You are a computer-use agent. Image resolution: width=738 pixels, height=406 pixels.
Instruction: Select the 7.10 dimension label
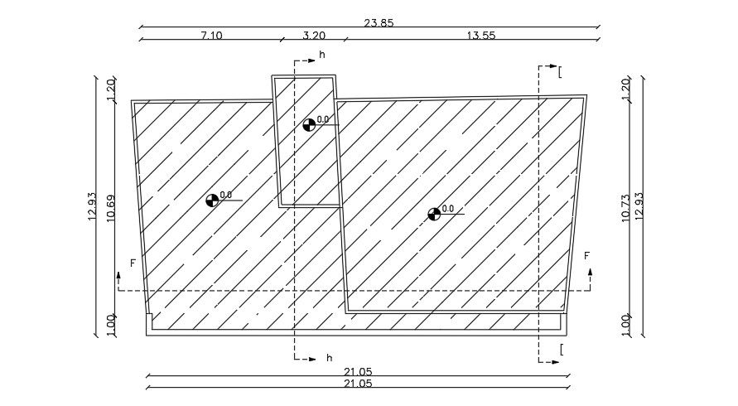pos(212,35)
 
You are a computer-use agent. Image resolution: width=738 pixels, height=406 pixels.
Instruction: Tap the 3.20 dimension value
pos(314,35)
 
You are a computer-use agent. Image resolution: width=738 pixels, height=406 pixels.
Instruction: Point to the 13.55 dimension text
pos(480,35)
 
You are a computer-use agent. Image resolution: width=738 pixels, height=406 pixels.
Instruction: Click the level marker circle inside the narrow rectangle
pos(309,124)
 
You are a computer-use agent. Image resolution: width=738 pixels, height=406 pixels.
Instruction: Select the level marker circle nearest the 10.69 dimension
pos(212,200)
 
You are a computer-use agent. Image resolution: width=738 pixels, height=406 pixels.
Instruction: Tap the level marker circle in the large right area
pos(434,214)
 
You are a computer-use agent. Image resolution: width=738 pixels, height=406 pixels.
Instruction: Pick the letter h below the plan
pos(329,358)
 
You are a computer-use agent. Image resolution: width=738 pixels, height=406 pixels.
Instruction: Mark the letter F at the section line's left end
pos(132,263)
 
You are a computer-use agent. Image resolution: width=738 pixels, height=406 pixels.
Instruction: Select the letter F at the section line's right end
pos(586,256)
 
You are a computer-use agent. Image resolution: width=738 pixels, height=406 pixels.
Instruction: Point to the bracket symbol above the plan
pos(560,72)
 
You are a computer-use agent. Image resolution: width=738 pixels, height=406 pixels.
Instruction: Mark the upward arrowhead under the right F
pos(591,272)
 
